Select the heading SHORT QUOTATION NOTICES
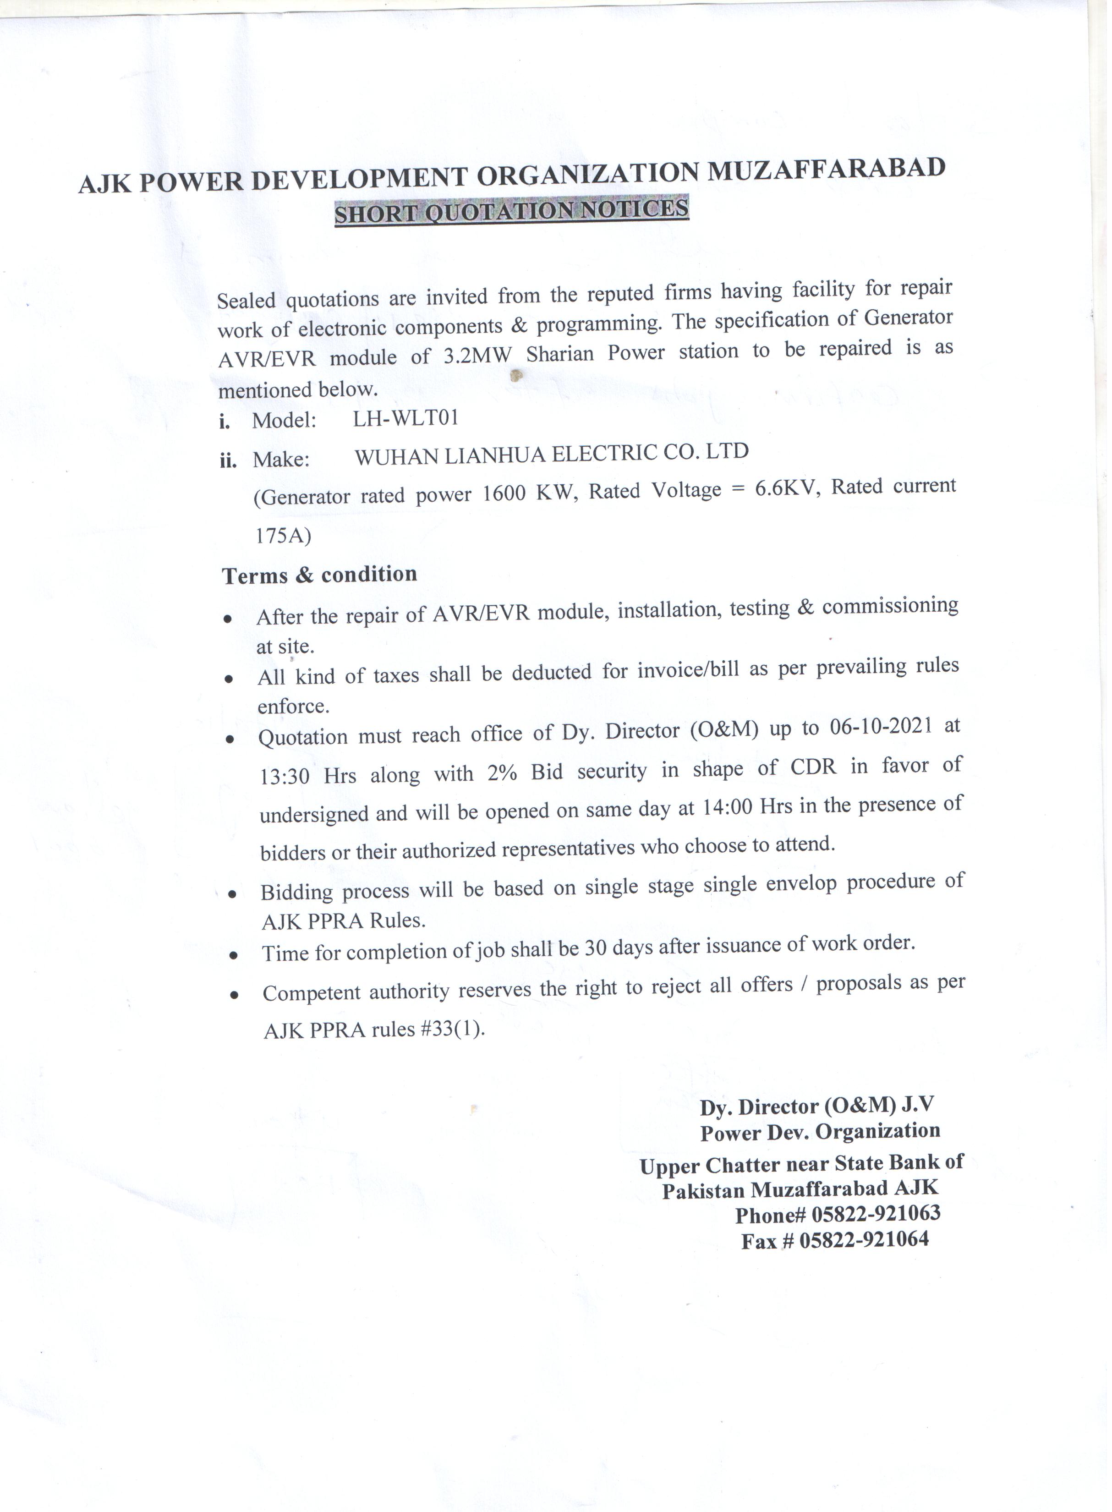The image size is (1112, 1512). (512, 211)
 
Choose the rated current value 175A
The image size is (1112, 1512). (283, 535)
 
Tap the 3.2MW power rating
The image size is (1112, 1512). (477, 355)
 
